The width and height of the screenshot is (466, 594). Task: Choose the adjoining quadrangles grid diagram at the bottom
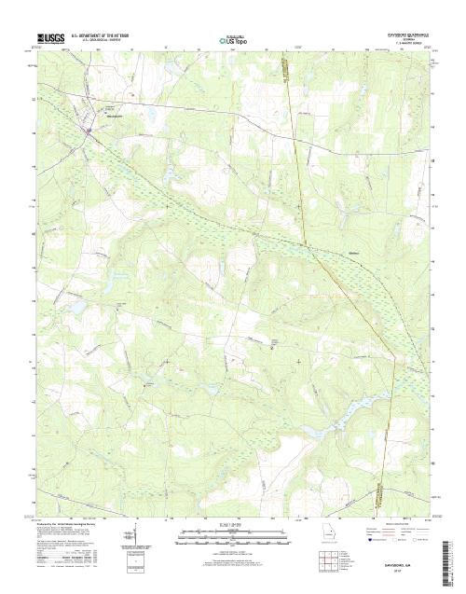coord(329,559)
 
